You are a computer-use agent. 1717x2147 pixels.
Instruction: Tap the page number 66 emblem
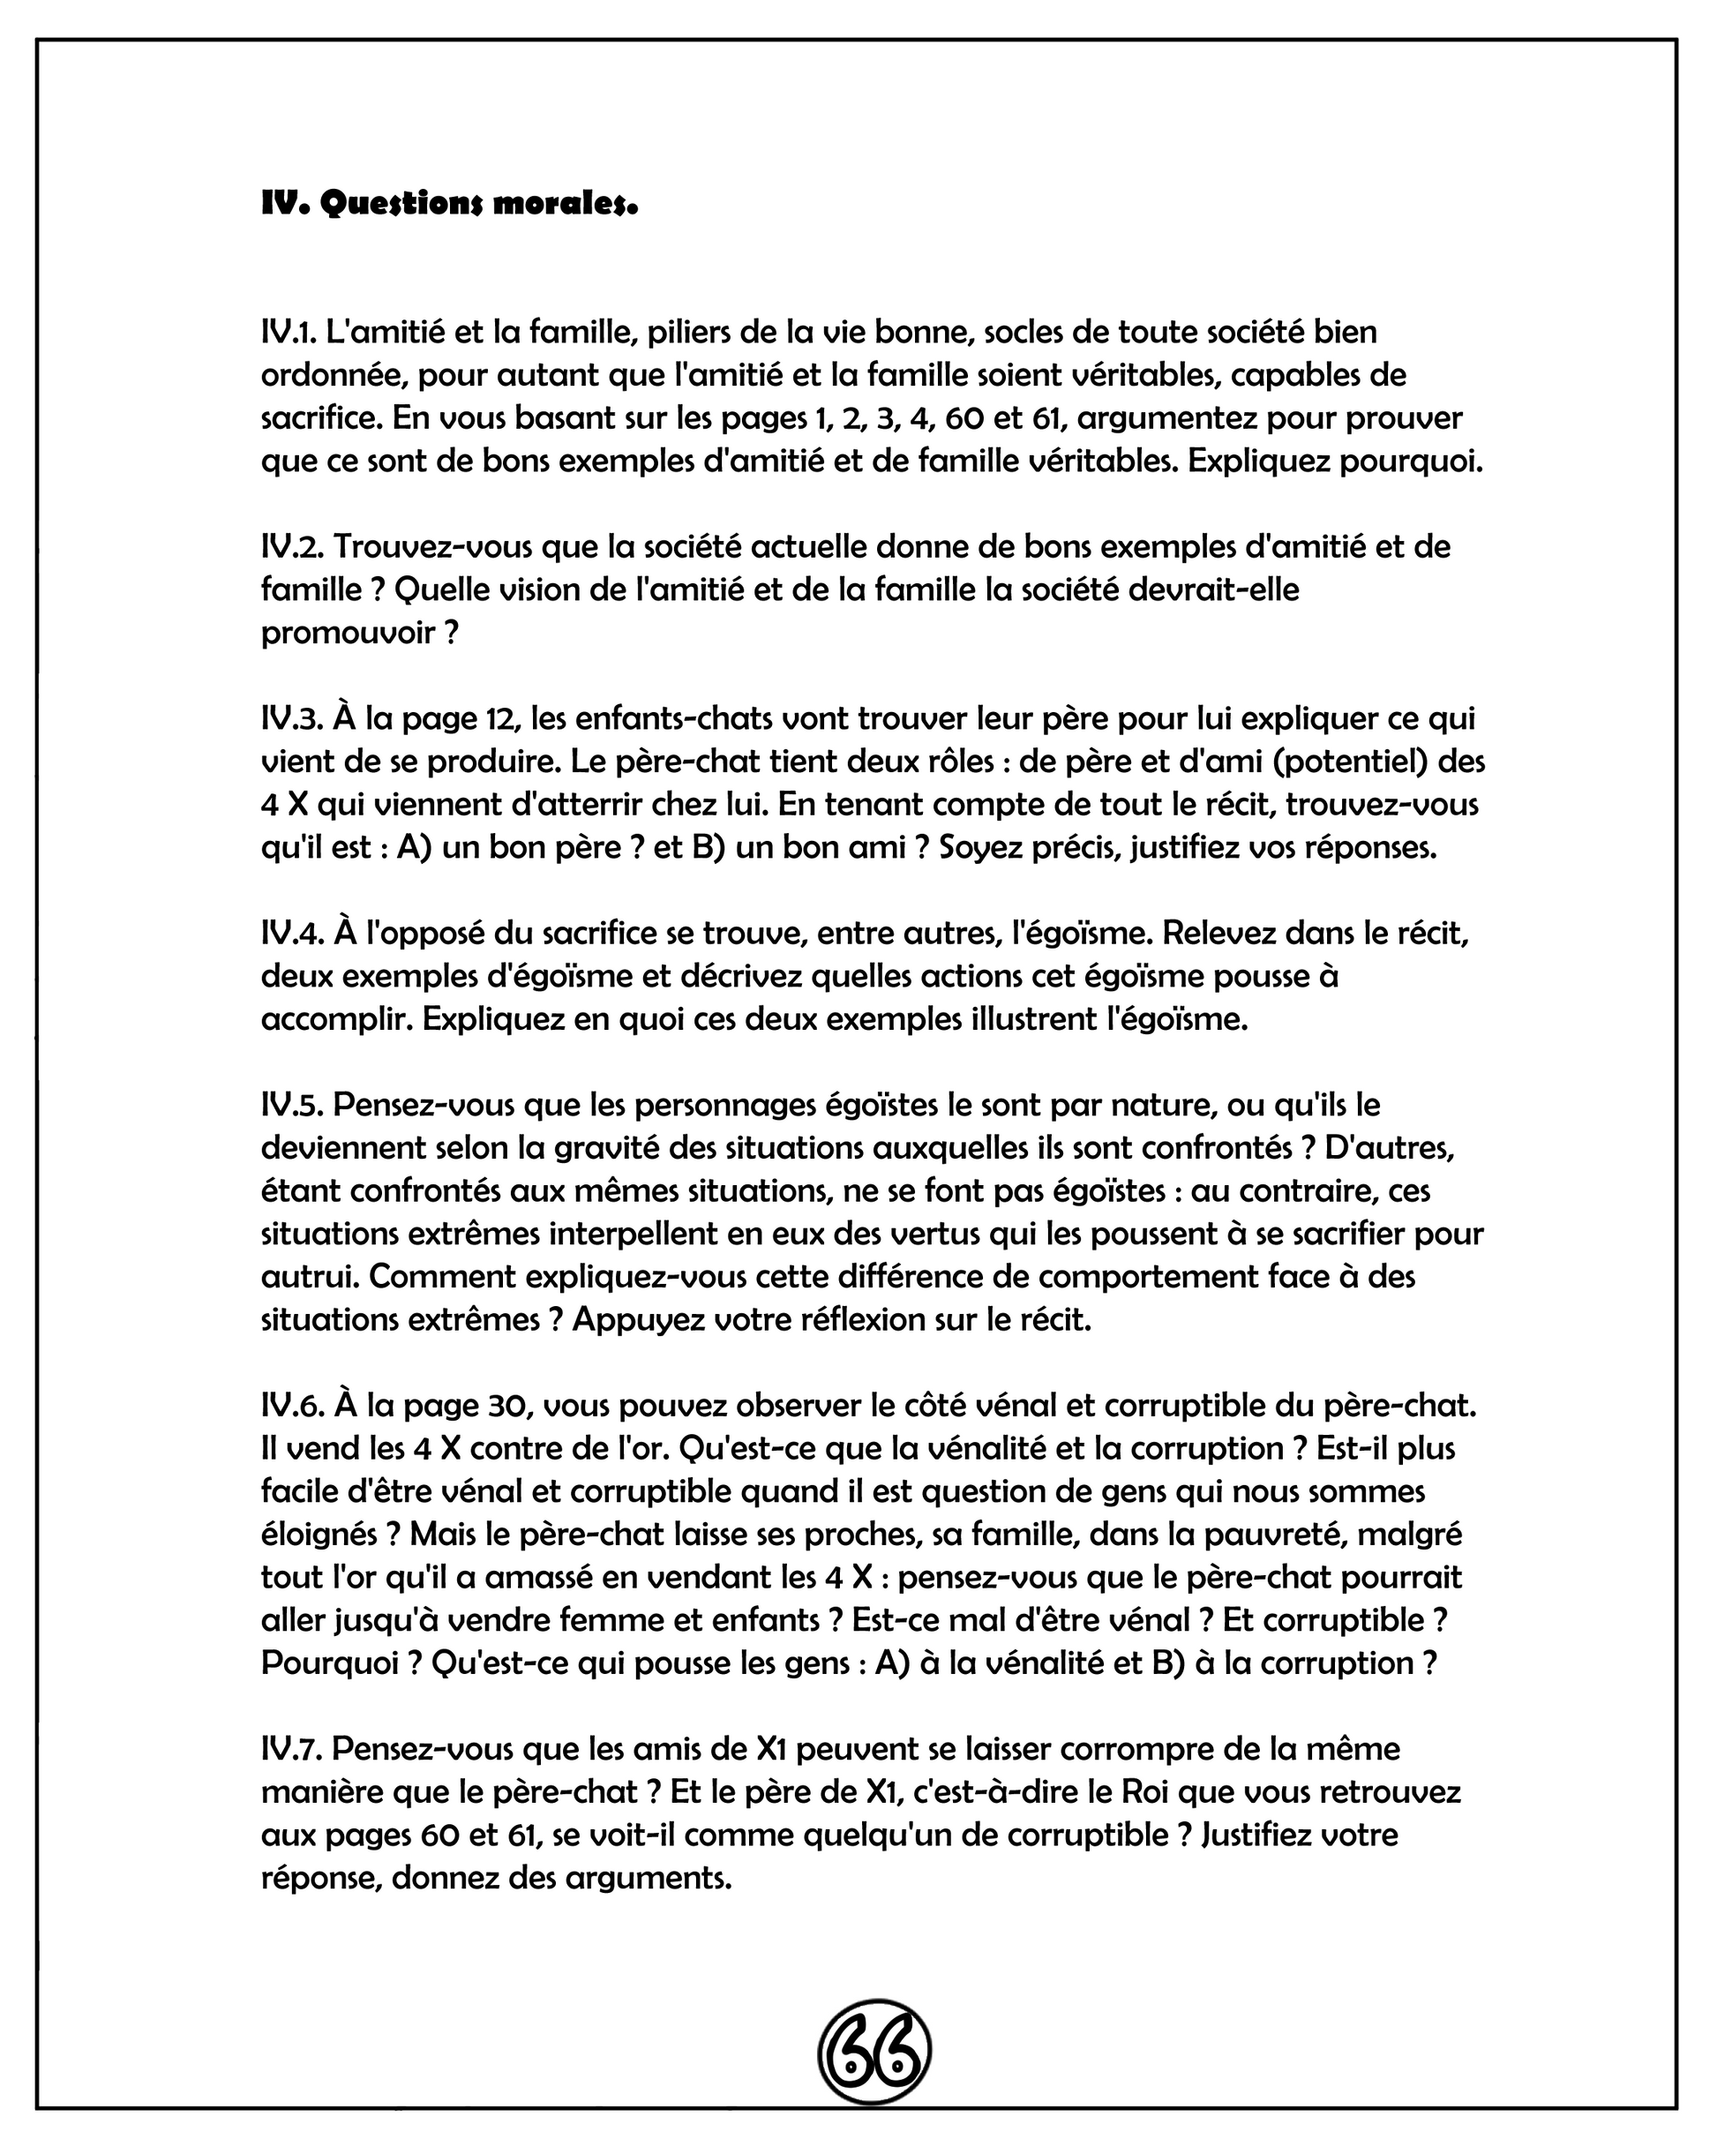873,2051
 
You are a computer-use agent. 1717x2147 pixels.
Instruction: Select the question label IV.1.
288,332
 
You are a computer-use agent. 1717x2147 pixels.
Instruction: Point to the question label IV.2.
291,547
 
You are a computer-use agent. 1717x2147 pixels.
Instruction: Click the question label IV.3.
291,718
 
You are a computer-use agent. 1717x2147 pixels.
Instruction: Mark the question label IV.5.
291,1104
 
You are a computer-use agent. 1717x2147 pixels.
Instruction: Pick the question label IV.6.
292,1405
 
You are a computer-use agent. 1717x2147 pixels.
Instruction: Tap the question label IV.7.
291,1747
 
